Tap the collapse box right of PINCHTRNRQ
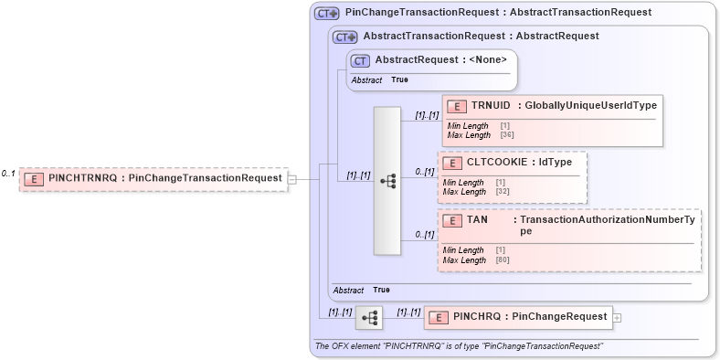click(291, 179)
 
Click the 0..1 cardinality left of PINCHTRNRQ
click(8, 174)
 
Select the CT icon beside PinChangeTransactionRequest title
click(326, 14)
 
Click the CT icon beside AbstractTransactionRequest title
click(344, 37)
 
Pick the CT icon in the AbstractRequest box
click(361, 60)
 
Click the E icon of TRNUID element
click(456, 105)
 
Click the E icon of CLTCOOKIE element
click(452, 163)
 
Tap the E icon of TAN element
click(452, 220)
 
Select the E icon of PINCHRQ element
click(439, 317)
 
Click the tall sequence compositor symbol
click(387, 181)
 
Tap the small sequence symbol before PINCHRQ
click(370, 318)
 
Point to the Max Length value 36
click(506, 135)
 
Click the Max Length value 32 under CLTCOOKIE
click(501, 192)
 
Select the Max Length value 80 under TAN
click(501, 260)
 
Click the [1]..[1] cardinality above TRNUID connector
click(427, 116)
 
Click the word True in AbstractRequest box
click(399, 80)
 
